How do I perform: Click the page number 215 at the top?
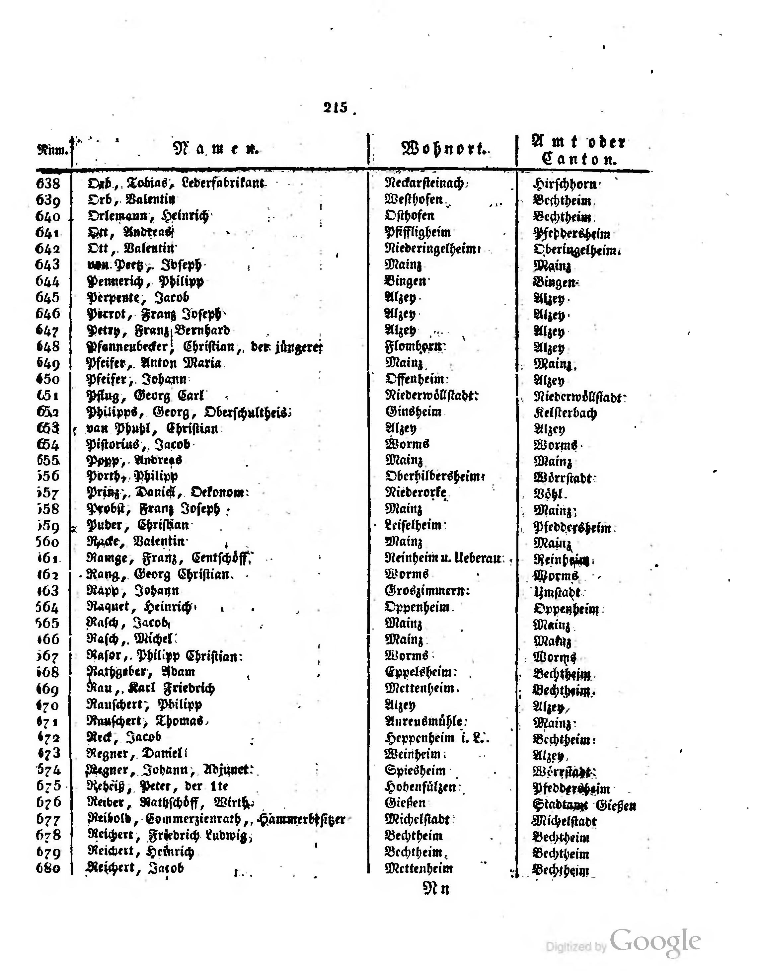(336, 107)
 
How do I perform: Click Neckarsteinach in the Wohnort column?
(424, 183)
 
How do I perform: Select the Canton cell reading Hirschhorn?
(565, 184)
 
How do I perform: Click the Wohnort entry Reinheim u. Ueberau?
(444, 558)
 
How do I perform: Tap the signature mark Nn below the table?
(436, 889)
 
